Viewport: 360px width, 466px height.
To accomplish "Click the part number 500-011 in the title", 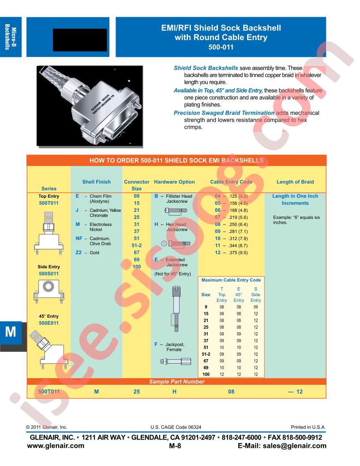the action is (x=221, y=47).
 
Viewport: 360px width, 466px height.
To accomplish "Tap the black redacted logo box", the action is (x=80, y=40).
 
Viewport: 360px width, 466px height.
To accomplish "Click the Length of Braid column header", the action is (x=295, y=182).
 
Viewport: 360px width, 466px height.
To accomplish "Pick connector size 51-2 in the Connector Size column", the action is (x=137, y=245).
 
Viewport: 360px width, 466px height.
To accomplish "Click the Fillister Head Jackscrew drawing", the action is (x=176, y=210).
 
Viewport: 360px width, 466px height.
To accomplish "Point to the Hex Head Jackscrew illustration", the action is (x=176, y=244).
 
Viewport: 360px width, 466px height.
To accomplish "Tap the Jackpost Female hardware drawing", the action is (x=176, y=361).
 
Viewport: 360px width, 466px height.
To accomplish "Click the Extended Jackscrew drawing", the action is (x=176, y=308).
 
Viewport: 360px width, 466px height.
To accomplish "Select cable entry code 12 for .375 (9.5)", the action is (x=218, y=252).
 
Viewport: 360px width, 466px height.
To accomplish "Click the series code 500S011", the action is (x=49, y=274).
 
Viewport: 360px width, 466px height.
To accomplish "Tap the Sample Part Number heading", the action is (x=177, y=382).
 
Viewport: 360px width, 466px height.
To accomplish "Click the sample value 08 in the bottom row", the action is (x=231, y=392).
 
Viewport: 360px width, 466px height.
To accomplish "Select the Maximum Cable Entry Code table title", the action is (x=231, y=280).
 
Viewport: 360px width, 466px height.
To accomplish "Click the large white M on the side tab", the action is (x=11, y=332).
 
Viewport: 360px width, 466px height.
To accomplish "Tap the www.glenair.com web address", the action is (x=56, y=446).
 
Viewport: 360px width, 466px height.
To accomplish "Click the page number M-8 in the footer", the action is (x=175, y=446).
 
